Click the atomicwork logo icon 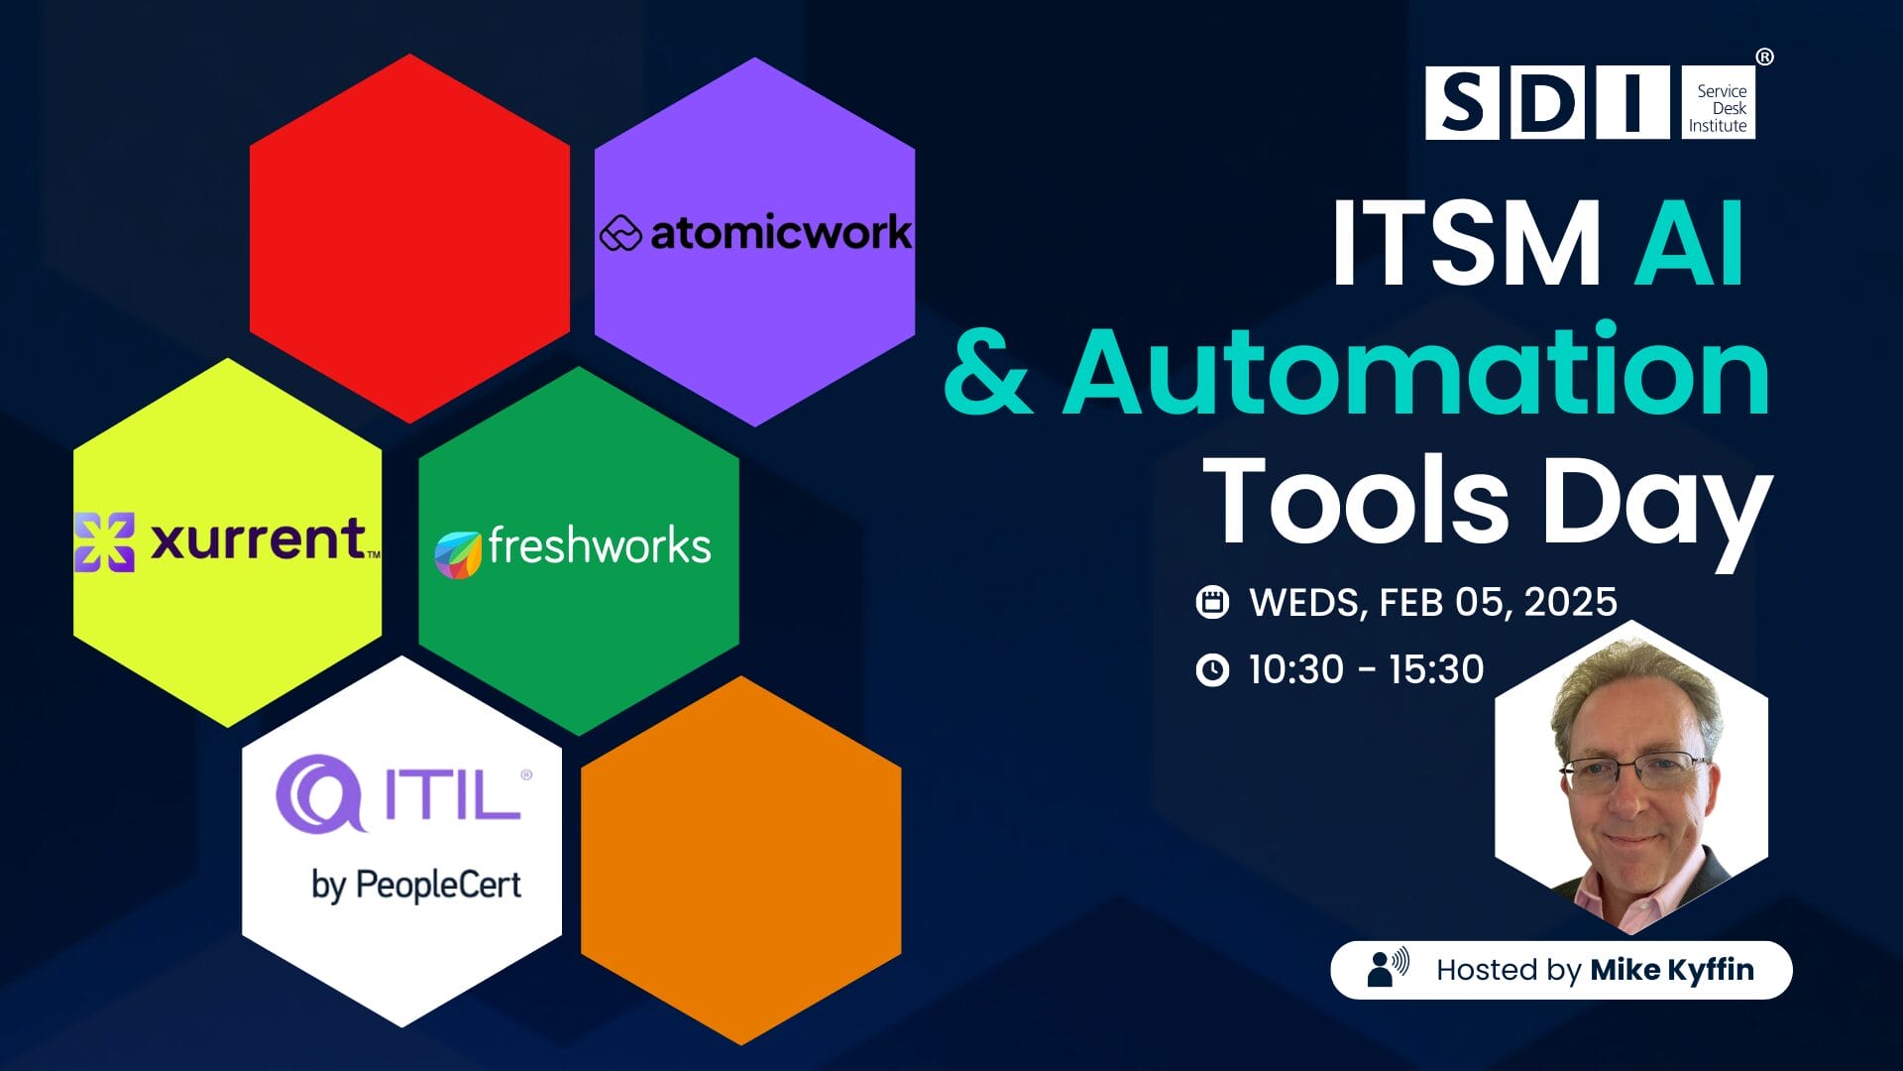pos(621,234)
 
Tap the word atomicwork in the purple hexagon pos(781,233)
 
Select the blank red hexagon pos(409,238)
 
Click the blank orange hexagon pos(741,861)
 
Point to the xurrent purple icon pos(104,542)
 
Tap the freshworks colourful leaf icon pos(458,554)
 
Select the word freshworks pos(600,546)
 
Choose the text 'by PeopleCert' pos(416,885)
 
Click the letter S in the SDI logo pos(1462,103)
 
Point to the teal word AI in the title pos(1689,243)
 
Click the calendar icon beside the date pos(1212,602)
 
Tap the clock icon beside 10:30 pos(1212,670)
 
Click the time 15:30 pos(1436,670)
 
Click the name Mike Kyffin pos(1672,970)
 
